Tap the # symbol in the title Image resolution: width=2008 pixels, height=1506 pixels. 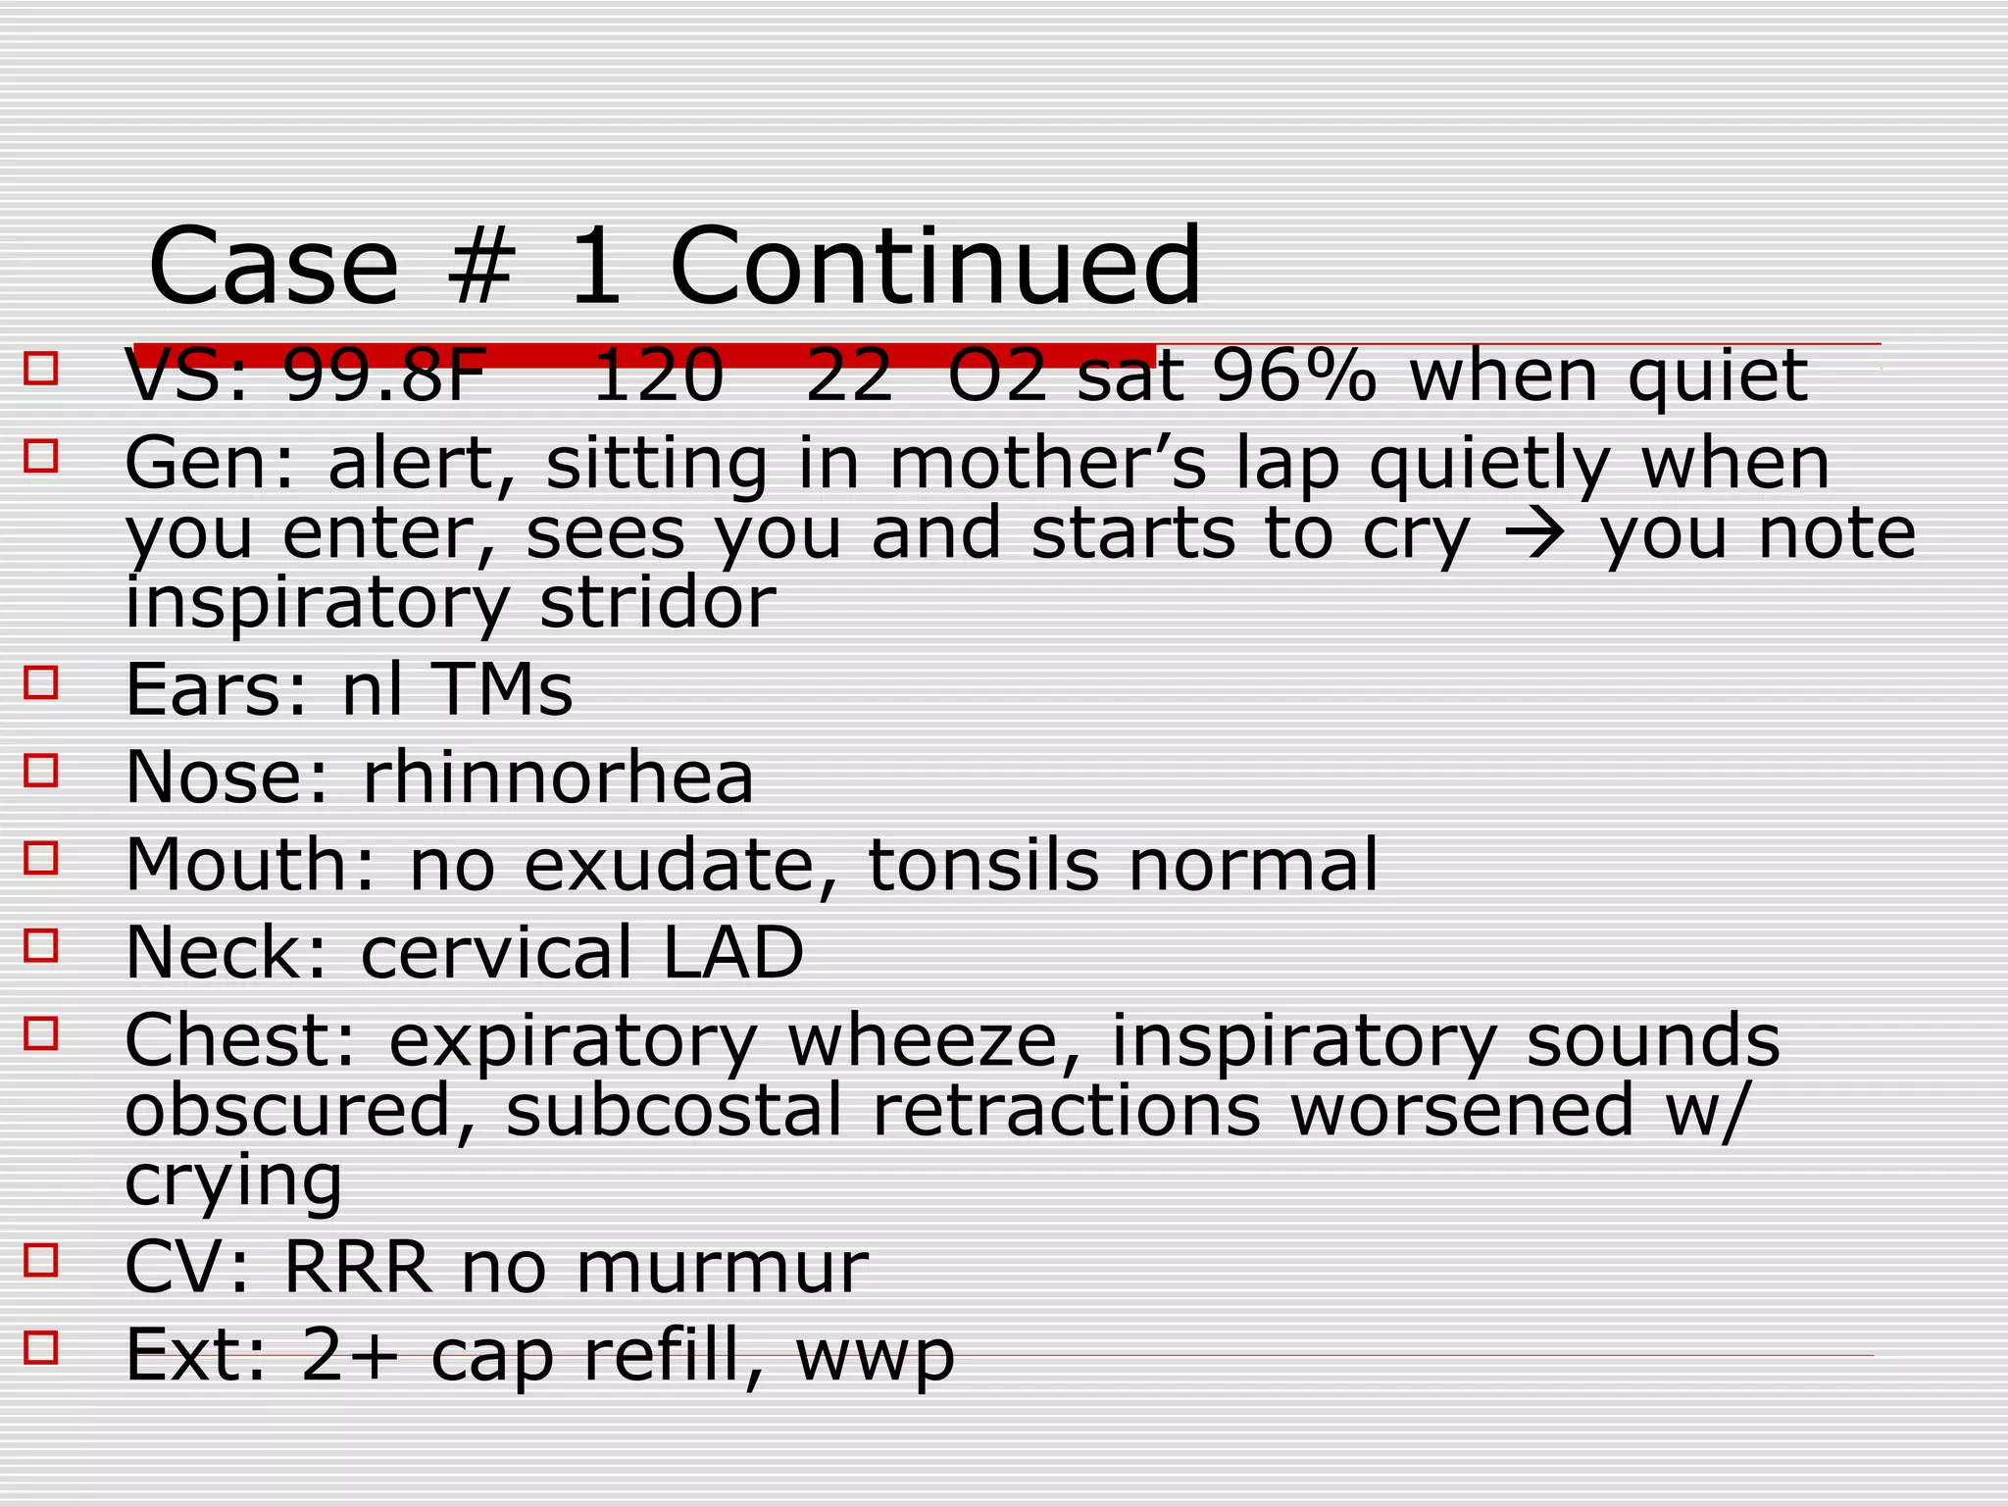click(480, 267)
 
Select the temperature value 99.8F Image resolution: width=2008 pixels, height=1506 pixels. click(384, 376)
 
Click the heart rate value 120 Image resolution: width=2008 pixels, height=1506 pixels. click(658, 376)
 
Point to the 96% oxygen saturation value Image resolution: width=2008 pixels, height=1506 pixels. click(1294, 376)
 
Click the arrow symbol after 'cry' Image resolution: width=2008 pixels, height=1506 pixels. click(1535, 534)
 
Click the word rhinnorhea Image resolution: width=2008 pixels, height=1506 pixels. click(558, 777)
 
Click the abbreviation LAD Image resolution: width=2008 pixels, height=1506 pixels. click(733, 952)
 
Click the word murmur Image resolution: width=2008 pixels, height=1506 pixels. click(722, 1267)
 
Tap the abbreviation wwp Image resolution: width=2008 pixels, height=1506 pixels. click(875, 1356)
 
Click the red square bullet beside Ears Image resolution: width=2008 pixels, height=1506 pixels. click(41, 682)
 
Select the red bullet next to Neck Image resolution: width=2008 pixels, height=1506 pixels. click(41, 946)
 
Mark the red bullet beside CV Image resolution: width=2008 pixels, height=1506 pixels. click(41, 1260)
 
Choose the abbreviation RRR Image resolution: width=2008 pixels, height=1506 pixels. click(357, 1267)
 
